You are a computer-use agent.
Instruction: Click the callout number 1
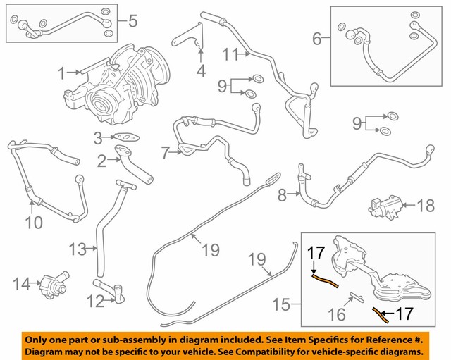[61, 72]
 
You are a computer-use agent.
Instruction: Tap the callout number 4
[201, 71]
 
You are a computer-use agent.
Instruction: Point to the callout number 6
[316, 39]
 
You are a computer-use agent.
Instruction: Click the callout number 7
[165, 152]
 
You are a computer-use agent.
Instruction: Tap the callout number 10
[33, 223]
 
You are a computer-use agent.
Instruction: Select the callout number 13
[76, 249]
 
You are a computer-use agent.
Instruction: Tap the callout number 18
[426, 206]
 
